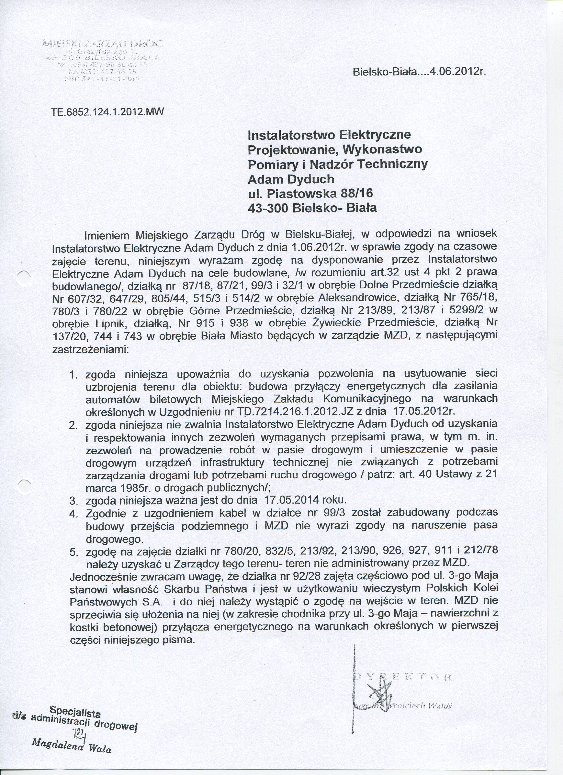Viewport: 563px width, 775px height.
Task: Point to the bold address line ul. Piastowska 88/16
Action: [310, 193]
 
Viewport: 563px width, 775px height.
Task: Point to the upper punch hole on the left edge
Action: [24, 276]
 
